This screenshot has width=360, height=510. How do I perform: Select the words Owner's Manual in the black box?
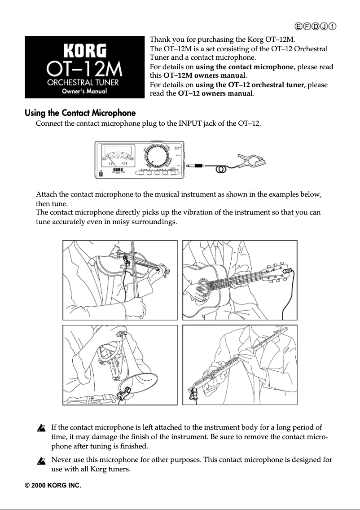point(84,92)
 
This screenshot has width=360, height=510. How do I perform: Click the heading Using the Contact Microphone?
point(80,113)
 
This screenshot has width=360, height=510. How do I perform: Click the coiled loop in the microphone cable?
point(220,170)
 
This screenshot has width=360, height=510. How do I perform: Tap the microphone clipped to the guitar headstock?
point(289,271)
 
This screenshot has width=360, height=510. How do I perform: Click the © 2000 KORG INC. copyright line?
point(53,485)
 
